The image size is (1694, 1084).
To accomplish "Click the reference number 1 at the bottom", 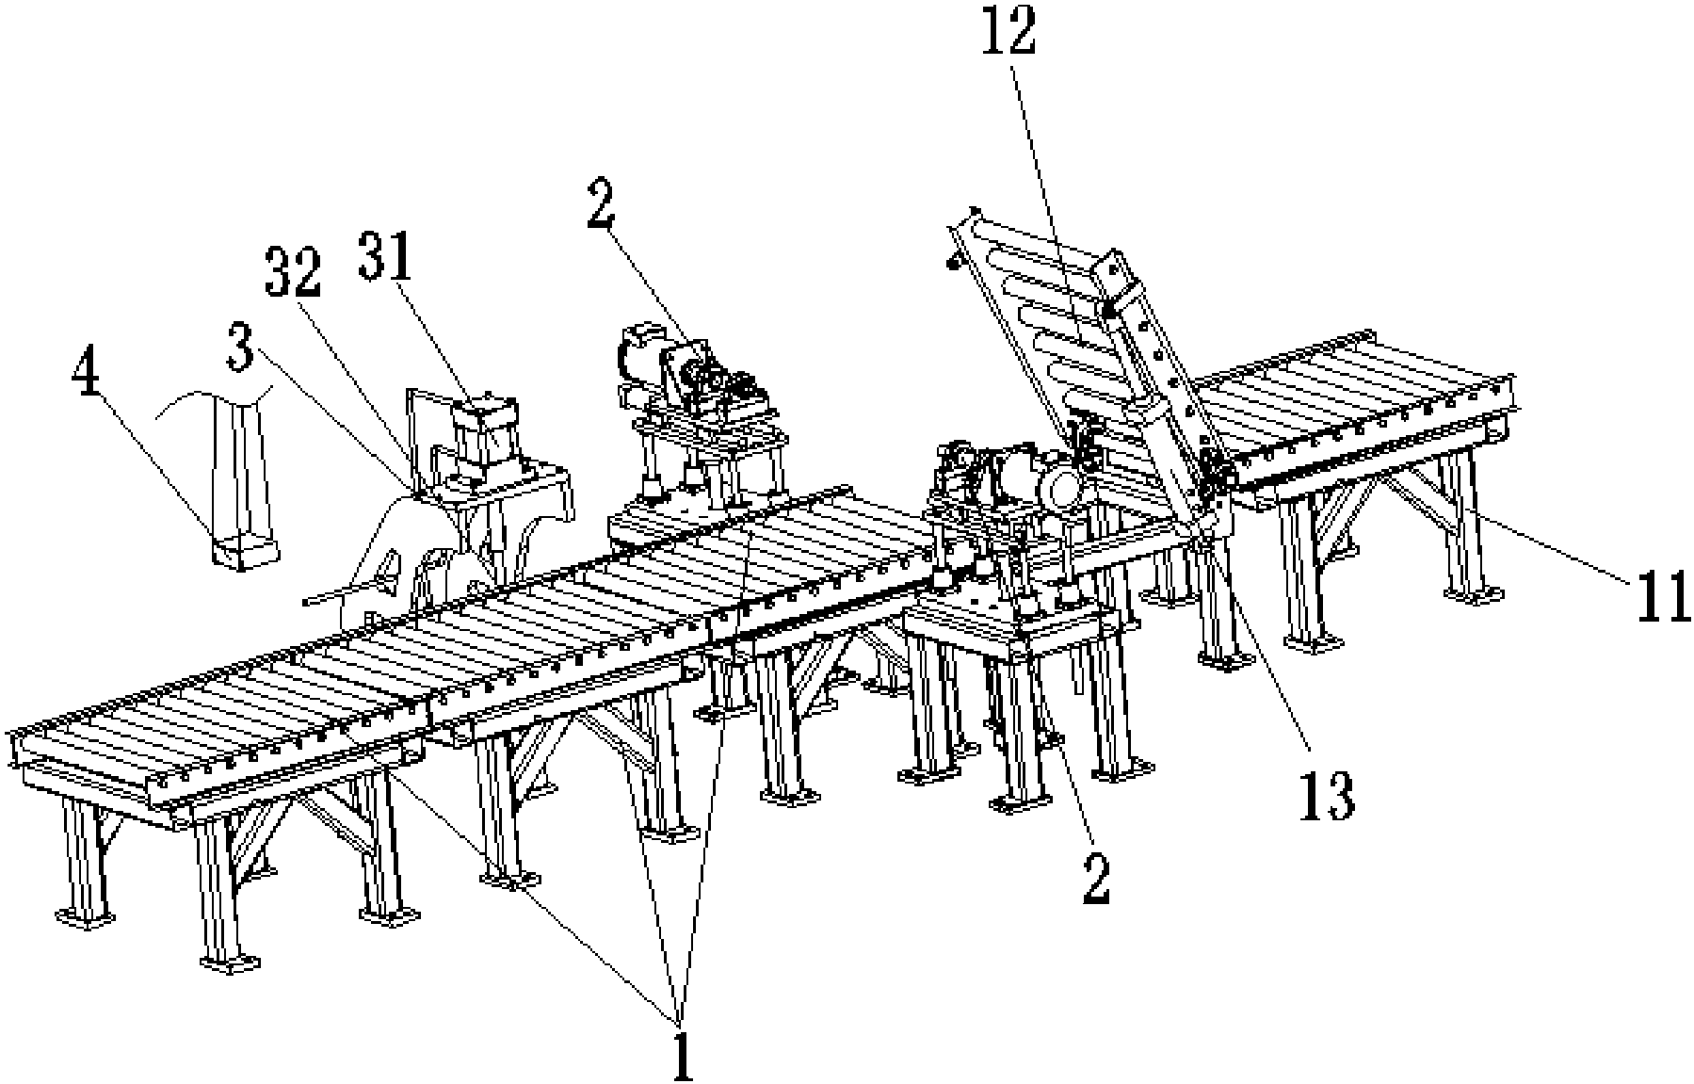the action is pos(681,1053).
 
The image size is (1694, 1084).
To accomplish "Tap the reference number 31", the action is pos(388,251).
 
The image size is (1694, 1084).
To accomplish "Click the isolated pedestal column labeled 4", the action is pos(243,479).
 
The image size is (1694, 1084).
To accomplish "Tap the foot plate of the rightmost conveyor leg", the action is pos(1475,593).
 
